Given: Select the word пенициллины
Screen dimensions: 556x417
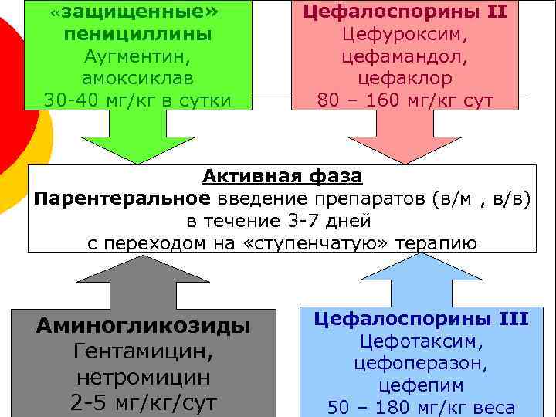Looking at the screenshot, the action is point(139,35).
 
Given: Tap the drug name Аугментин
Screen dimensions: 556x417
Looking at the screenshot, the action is point(139,56).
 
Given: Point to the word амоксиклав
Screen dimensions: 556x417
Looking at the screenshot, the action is point(139,78).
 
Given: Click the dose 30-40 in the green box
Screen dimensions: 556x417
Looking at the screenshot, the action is point(68,100).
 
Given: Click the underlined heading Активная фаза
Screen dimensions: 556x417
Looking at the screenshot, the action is point(282,177).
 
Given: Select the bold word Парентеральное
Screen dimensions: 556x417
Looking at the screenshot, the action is point(121,198).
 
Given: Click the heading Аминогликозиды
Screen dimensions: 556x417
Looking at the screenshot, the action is point(144,326).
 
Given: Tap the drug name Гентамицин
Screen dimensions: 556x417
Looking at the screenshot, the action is point(144,351).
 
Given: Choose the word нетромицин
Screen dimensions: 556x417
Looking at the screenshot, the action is point(144,378).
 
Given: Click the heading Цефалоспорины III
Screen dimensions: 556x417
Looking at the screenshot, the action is point(421,318).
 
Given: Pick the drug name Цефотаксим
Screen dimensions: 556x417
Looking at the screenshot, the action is point(421,341).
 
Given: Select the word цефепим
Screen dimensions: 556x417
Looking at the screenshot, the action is point(421,385).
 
